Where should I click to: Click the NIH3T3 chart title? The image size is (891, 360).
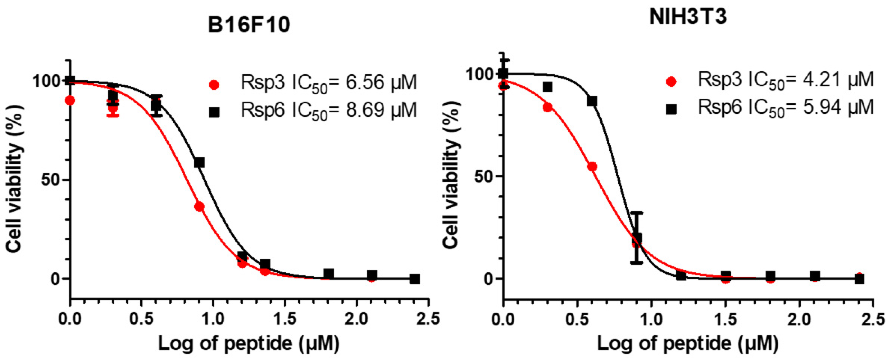(x=688, y=18)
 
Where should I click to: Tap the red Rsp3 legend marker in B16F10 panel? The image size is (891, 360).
(x=214, y=85)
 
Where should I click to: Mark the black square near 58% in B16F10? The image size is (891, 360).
(x=199, y=162)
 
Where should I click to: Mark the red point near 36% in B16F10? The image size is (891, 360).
(x=199, y=207)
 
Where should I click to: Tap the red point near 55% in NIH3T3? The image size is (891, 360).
(x=592, y=167)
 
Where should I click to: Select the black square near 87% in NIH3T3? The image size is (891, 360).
(x=592, y=101)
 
